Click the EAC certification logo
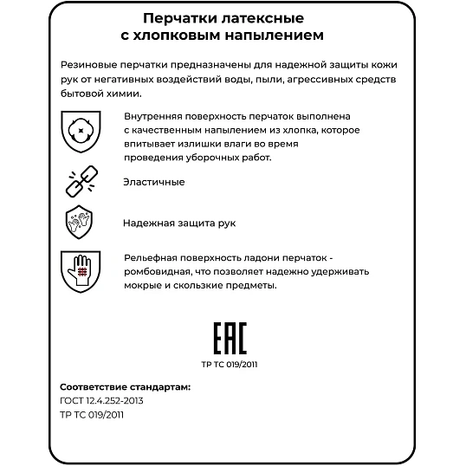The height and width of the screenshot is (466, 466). [x=231, y=336]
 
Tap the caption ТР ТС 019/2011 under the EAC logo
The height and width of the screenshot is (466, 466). [x=231, y=364]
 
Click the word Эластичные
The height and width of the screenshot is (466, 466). [x=154, y=182]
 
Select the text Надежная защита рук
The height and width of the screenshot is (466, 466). [x=179, y=223]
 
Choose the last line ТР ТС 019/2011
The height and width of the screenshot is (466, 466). [x=93, y=415]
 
